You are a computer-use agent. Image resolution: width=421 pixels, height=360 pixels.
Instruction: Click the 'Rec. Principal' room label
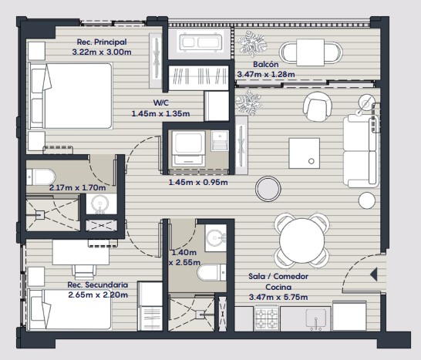point(102,42)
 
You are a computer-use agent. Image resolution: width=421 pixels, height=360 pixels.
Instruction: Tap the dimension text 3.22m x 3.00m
point(102,52)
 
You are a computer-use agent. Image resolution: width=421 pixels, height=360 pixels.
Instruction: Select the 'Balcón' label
point(266,65)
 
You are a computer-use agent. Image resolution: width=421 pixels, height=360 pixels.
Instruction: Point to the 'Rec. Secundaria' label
point(98,284)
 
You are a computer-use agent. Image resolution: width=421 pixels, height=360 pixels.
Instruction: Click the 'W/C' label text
point(161,103)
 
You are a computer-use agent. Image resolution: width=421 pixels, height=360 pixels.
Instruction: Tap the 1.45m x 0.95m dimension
point(198,183)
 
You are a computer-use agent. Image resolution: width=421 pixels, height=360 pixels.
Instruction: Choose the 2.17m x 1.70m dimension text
point(77,187)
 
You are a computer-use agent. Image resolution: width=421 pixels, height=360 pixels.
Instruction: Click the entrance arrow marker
point(374,274)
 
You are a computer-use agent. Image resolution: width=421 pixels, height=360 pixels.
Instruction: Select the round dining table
point(301,241)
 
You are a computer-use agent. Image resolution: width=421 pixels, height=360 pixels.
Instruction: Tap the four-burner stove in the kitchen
point(266,319)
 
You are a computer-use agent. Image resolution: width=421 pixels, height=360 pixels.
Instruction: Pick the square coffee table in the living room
point(305,153)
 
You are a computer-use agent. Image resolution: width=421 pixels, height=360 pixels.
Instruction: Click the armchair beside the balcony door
point(318,107)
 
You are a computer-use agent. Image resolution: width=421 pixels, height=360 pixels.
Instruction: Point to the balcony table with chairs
point(311,52)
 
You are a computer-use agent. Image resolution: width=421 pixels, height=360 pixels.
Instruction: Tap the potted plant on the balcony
point(251,44)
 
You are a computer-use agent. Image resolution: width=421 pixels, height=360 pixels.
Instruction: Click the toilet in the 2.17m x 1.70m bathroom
point(41,177)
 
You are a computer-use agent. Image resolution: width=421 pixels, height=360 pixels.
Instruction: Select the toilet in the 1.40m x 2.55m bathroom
point(212,273)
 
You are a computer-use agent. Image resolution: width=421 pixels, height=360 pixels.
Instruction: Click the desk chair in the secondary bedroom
point(84,271)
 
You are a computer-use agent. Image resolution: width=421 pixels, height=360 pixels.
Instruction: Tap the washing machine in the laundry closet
point(188,149)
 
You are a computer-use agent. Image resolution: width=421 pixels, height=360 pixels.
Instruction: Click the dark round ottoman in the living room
point(268,189)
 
